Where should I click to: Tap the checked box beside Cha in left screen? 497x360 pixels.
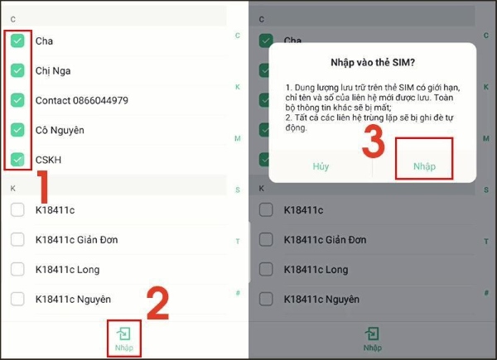click(17, 41)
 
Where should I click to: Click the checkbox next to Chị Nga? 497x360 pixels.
click(17, 70)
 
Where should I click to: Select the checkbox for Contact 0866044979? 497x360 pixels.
click(17, 100)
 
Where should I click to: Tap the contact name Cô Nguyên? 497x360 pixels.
click(60, 130)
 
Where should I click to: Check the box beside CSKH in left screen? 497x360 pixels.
click(17, 159)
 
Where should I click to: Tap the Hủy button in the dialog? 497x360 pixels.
click(321, 166)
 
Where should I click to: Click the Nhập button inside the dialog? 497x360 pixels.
click(424, 166)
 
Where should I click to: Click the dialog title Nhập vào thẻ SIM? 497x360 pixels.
click(373, 62)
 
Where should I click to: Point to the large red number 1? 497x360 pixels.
click(43, 186)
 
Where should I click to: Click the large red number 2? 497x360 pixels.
click(158, 303)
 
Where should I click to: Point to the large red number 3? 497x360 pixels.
click(374, 142)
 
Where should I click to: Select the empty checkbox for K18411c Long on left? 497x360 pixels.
click(17, 270)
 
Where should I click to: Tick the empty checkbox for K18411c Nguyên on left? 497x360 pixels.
click(17, 299)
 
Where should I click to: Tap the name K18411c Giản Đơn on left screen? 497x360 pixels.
click(76, 240)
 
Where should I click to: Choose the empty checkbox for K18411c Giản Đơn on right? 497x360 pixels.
click(266, 240)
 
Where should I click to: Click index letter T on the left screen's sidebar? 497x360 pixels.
click(238, 242)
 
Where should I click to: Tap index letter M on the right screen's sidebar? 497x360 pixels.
click(486, 138)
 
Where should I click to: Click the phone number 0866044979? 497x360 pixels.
click(100, 100)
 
